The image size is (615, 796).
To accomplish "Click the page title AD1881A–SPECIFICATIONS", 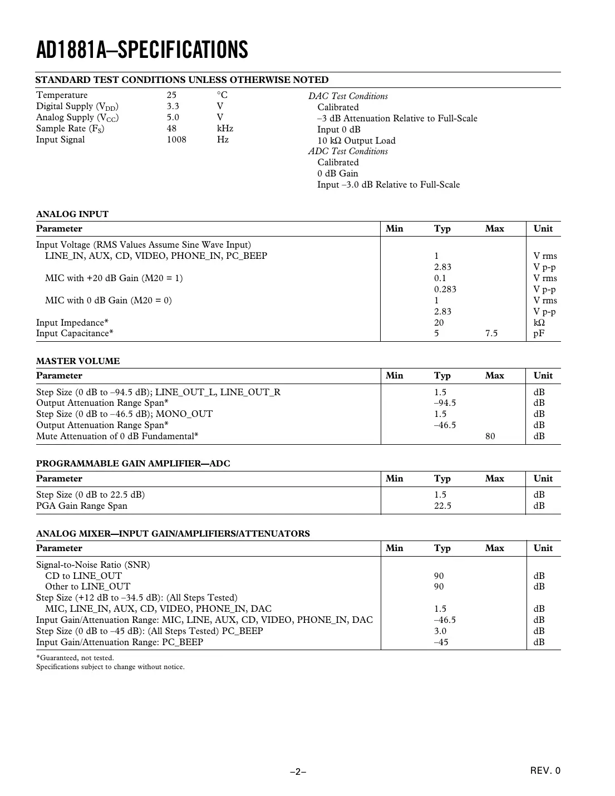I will pos(142,50).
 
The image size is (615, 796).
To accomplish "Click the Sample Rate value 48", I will pos(171,129).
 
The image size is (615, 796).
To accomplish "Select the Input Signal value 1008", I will pos(176,140).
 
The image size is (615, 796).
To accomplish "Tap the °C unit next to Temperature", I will pos(222,95).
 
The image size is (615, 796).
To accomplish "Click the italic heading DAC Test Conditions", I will pos(348,96).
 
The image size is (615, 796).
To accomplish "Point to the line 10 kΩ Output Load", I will pos(356,141).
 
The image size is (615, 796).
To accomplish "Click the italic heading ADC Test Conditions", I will pos(348,151).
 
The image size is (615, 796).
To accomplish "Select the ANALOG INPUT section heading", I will pos(72,214).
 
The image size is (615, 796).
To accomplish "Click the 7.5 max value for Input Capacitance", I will pos(491,333).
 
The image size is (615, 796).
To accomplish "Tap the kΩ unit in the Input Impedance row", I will pos(539,323).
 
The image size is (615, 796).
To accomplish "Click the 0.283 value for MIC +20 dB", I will pos(445,289).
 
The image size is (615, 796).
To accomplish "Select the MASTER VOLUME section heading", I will pos(78,361).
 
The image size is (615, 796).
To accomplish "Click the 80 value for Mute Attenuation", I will pos(490,436).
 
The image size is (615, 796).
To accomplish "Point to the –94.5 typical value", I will pos(445,403).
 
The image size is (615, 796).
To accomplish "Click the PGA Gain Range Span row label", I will pos(82,506).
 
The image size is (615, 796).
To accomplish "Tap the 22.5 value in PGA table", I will pos(442,506).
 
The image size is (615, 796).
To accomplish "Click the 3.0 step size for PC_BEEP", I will pos(440,631).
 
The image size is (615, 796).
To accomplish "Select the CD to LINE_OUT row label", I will pos(83,576).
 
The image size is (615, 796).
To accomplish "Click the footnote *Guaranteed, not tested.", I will pos(75,658).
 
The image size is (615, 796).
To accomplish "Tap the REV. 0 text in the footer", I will pos(545,771).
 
